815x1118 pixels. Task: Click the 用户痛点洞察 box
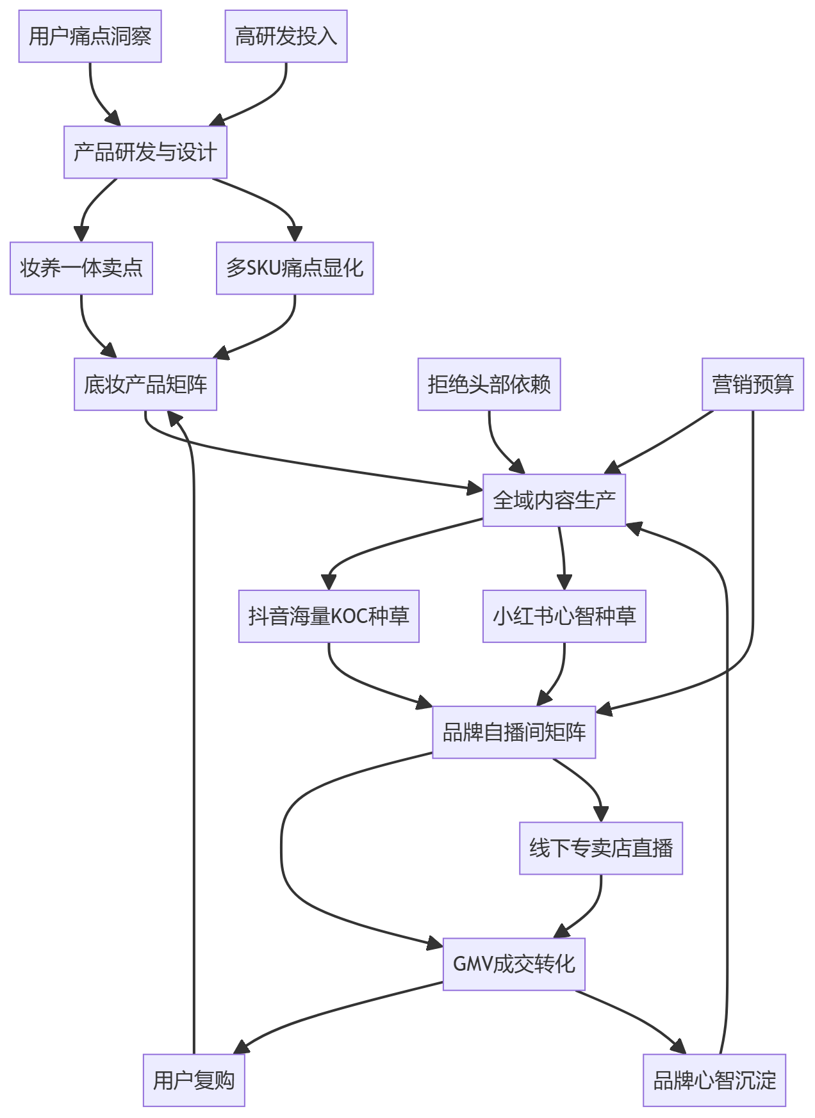click(x=90, y=36)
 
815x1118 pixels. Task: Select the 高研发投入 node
click(x=286, y=36)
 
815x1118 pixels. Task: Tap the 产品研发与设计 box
click(x=145, y=152)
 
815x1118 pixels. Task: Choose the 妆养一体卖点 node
click(x=81, y=268)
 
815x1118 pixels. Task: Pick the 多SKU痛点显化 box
click(x=295, y=268)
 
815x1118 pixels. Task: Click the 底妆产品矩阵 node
click(x=145, y=384)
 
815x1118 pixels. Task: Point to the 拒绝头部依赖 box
click(x=490, y=384)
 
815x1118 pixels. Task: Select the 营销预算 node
click(x=753, y=384)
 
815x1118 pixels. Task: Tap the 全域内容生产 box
click(x=554, y=500)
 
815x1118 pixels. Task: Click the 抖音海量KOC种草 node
click(x=329, y=616)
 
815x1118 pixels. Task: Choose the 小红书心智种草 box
click(x=564, y=616)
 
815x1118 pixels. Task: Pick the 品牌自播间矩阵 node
click(x=514, y=732)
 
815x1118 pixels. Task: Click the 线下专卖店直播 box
click(x=601, y=848)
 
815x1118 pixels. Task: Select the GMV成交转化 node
click(x=514, y=964)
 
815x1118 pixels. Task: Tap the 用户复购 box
click(x=194, y=1080)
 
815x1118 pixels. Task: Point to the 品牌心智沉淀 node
click(x=714, y=1080)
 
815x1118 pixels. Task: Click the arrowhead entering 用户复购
click(x=241, y=1047)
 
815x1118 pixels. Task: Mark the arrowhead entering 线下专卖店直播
click(x=601, y=814)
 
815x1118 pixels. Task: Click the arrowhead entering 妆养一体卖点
click(x=81, y=234)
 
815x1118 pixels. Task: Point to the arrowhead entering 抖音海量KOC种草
click(x=329, y=581)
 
